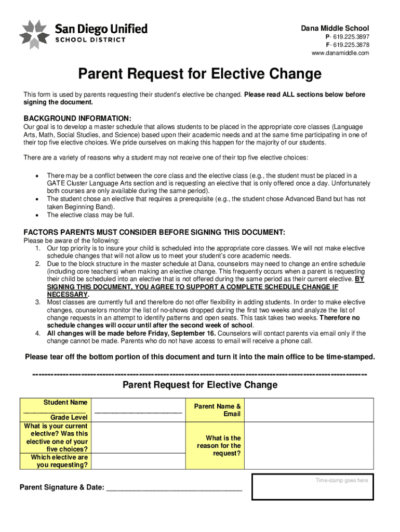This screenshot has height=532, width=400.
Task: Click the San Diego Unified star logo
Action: click(34, 34)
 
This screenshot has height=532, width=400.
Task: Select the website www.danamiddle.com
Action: click(340, 53)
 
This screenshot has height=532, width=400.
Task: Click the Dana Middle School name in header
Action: click(335, 28)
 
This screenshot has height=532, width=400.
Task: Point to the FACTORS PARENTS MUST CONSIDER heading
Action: click(154, 232)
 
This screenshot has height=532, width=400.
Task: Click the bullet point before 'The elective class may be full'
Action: click(36, 215)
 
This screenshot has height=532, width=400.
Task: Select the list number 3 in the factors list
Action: click(38, 302)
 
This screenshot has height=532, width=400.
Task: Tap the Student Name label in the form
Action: click(65, 402)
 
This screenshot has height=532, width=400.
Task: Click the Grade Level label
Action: click(69, 418)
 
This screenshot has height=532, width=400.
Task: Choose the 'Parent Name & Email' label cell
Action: click(217, 410)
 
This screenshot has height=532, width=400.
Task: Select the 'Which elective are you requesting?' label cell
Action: click(59, 461)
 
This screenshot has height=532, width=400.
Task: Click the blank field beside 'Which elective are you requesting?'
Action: click(138, 461)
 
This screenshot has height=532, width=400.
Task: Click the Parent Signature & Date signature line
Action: click(174, 488)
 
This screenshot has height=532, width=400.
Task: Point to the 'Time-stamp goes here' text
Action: click(342, 481)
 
